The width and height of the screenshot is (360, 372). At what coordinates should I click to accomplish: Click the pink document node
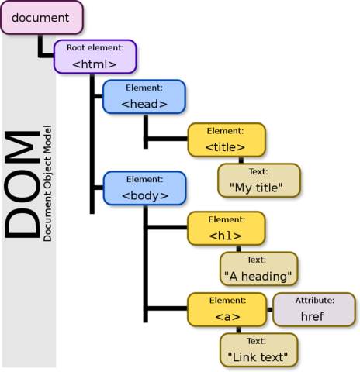coord(40,17)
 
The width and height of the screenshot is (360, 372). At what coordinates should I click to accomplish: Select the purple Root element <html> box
coord(95,57)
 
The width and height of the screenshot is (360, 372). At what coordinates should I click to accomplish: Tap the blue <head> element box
coord(144,96)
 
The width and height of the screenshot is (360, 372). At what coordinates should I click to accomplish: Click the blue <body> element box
coord(144,188)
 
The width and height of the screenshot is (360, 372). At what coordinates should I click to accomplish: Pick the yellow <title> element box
coord(226,139)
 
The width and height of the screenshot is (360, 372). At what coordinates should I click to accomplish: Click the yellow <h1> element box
coord(226,228)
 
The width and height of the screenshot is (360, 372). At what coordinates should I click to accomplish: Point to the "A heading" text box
coord(258,269)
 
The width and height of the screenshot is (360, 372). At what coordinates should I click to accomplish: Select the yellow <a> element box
coord(226,309)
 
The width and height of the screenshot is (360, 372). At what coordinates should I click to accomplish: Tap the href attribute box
coord(313,309)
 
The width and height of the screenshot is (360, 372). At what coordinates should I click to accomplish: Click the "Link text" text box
coord(258,350)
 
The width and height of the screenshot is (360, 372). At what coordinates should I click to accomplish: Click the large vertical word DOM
coord(22,186)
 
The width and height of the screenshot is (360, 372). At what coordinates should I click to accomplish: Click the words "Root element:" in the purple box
coord(95,48)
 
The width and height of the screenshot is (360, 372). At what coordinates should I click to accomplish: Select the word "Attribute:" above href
coord(313,300)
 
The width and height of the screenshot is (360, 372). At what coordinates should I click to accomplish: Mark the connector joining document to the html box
coord(43,51)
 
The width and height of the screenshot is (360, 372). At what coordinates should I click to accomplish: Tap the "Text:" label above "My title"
coord(258,171)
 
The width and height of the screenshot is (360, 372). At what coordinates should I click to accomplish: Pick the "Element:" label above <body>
coord(144,180)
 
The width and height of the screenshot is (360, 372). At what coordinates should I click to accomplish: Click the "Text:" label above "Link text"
coord(258,341)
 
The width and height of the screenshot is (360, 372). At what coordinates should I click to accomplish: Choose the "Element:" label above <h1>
coord(226,219)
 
